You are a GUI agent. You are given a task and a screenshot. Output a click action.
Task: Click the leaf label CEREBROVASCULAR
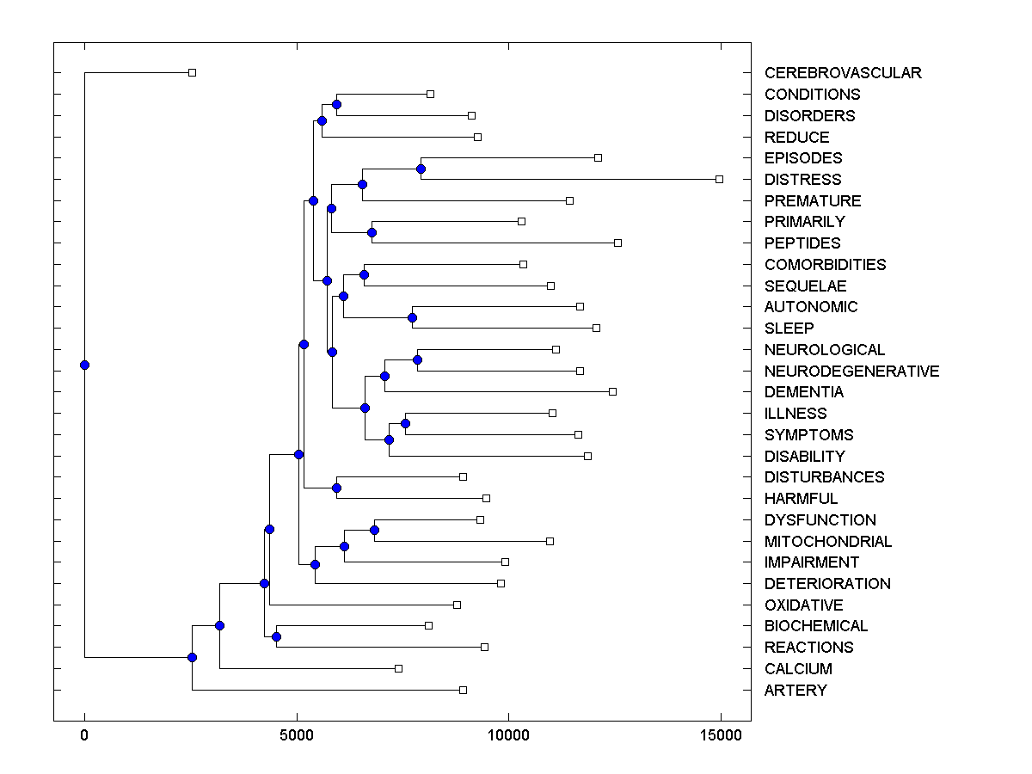click(842, 73)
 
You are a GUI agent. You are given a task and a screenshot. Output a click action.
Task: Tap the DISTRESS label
click(802, 180)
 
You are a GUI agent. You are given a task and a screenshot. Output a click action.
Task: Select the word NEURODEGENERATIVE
click(851, 372)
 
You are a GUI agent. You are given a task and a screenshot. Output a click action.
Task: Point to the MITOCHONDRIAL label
click(827, 542)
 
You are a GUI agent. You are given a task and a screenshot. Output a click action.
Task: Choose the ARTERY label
click(795, 691)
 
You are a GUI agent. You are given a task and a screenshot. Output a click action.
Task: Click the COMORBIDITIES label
click(825, 265)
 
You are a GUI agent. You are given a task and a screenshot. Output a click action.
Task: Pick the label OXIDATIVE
click(803, 605)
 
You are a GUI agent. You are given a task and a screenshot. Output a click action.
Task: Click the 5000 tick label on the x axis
click(297, 734)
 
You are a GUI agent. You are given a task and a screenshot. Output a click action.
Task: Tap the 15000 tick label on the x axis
click(721, 734)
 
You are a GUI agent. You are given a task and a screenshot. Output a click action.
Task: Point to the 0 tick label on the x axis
click(84, 734)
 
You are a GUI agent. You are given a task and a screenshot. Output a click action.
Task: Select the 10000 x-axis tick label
click(508, 734)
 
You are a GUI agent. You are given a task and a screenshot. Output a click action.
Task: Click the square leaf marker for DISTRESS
click(720, 179)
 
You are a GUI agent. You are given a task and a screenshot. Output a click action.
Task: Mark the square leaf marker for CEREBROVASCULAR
click(192, 72)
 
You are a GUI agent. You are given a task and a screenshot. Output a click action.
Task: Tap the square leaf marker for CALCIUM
click(398, 668)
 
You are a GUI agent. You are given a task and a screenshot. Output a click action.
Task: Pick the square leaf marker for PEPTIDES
click(617, 243)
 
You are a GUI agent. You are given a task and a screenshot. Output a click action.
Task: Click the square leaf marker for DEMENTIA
click(612, 391)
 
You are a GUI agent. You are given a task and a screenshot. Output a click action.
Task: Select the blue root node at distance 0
click(84, 365)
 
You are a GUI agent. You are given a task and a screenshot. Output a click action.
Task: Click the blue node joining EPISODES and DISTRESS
click(421, 169)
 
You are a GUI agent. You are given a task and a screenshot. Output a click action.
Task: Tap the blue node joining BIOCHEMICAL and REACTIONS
click(276, 636)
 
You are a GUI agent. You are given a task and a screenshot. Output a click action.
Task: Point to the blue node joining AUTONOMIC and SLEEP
click(412, 317)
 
